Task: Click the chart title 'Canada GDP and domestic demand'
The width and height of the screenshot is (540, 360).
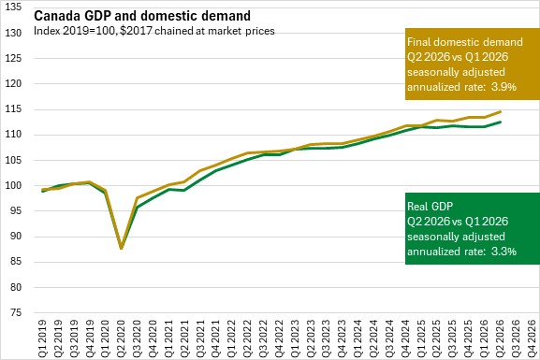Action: pos(142,16)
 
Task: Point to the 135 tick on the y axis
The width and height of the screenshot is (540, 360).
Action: pos(13,7)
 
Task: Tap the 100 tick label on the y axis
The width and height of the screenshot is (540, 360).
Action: pos(13,185)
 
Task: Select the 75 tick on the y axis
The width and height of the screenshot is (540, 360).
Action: pos(16,312)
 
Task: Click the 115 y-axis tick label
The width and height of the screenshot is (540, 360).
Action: pos(13,109)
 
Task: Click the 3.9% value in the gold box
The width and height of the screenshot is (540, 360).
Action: pos(504,87)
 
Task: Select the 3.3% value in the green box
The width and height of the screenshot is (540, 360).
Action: pos(504,252)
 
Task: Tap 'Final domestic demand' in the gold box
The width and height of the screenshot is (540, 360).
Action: pos(465,42)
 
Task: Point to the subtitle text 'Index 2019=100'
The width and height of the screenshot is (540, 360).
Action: pos(75,31)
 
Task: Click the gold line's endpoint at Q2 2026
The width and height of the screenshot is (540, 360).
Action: pos(501,111)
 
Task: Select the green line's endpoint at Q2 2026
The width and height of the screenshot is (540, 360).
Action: pos(501,122)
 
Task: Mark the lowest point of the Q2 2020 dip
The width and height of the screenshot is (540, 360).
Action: pos(122,248)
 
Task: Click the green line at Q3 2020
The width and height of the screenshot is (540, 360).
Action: pos(137,208)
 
